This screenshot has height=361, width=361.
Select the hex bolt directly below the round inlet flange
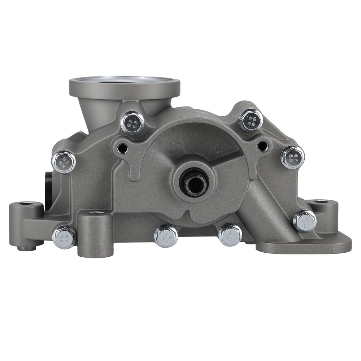click(132, 122)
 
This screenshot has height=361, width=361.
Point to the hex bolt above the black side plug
click(64, 161)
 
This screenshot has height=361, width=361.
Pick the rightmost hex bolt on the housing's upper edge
click(292, 157)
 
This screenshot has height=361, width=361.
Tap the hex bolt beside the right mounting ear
click(304, 221)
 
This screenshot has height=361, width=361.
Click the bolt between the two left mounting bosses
click(64, 237)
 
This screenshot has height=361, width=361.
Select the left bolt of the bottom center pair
click(166, 236)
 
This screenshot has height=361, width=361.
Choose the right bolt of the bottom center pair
click(230, 235)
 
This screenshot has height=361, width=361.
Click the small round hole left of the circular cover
click(123, 148)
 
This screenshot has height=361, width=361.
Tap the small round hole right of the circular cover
click(262, 146)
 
